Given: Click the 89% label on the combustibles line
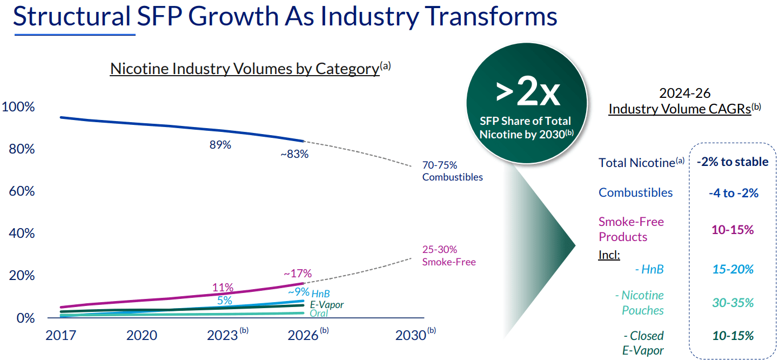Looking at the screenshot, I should click(x=220, y=145).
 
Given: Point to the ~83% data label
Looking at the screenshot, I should click(x=294, y=154).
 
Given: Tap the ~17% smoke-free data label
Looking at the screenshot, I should click(x=297, y=274).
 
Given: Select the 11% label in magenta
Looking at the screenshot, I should click(x=223, y=287).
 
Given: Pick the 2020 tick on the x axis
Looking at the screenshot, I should click(x=142, y=335).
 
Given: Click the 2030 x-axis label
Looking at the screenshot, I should click(x=411, y=335).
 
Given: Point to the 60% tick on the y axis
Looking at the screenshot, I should click(x=22, y=191).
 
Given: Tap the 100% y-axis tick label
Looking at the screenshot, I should click(x=18, y=107).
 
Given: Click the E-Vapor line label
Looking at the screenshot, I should click(x=327, y=305).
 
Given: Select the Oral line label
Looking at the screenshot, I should click(x=319, y=314).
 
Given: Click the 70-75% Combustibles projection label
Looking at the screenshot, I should click(x=452, y=171).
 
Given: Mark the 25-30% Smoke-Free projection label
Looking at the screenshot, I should click(x=448, y=256).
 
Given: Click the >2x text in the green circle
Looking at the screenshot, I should click(x=527, y=92).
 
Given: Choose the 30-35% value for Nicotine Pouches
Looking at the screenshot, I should click(x=733, y=303).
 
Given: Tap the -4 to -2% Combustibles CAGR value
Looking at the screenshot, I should click(x=734, y=193).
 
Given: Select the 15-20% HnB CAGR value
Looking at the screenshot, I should click(x=733, y=269).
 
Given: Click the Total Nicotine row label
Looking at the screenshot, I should click(x=638, y=163).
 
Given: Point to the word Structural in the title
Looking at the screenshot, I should click(x=72, y=16).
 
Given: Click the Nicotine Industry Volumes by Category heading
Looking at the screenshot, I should click(x=244, y=69).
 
